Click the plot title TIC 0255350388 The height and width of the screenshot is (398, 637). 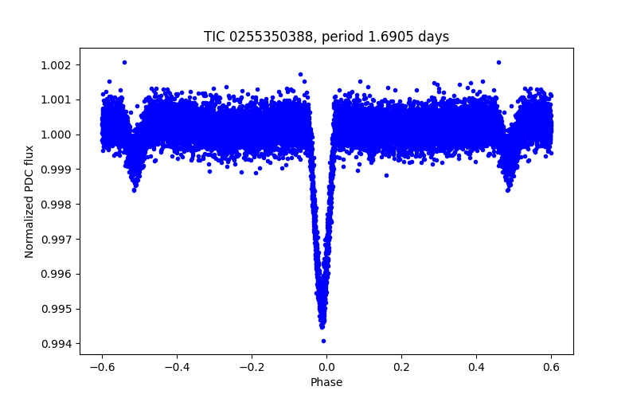(326, 37)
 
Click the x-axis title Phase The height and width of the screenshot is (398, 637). (326, 382)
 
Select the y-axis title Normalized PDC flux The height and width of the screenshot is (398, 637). (29, 201)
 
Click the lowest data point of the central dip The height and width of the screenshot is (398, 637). (323, 341)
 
